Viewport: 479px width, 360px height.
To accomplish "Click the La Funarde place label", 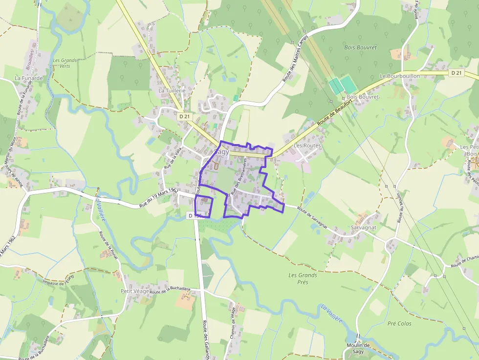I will point(29,78).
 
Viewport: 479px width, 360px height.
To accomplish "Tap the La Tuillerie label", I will point(172,91).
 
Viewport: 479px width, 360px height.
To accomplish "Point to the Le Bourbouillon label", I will point(399,77).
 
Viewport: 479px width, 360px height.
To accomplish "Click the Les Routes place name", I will point(307,146).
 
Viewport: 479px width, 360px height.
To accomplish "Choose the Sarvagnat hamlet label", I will point(363,228).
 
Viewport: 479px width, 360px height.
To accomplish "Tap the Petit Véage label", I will point(134,291).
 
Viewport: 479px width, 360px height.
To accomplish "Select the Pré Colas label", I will point(399,323).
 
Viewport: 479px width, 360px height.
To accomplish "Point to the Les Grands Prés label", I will point(303,278).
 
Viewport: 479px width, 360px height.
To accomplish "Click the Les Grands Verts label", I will point(61,63).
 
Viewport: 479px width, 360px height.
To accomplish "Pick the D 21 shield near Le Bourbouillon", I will point(457,73).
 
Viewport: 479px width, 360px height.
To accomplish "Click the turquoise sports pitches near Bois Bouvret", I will point(343,85).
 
